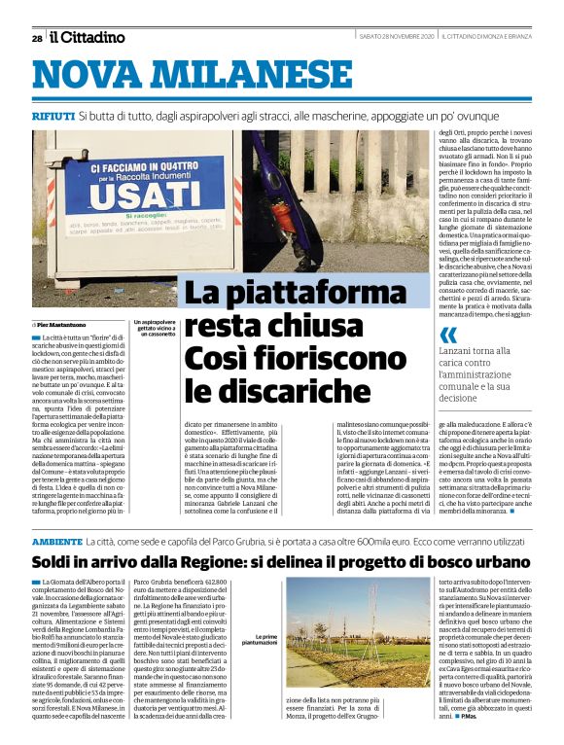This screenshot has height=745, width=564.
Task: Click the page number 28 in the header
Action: click(36, 38)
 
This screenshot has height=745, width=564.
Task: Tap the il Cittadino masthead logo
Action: click(88, 37)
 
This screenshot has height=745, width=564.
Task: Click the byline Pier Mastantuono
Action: click(63, 323)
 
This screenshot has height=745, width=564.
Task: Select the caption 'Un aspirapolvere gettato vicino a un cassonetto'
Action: click(154, 327)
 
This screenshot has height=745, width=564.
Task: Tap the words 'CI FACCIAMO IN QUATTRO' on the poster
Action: click(115, 169)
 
